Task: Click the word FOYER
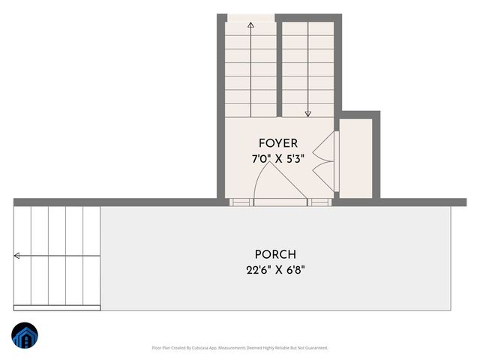tap(278, 142)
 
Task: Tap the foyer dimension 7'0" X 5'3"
tap(278, 159)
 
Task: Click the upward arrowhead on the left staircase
tap(250, 25)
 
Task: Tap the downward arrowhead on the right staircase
tap(307, 114)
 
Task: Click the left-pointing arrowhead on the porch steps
tap(16, 256)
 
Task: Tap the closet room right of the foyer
tap(356, 157)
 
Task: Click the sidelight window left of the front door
tap(241, 202)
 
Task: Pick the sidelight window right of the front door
tap(319, 202)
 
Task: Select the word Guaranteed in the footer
tap(315, 348)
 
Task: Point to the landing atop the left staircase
tap(250, 17)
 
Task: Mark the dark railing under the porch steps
tap(57, 307)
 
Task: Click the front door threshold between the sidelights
tap(280, 202)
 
